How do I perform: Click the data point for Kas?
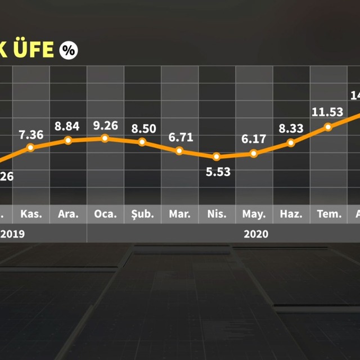coord(31,148)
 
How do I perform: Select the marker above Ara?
coord(68,140)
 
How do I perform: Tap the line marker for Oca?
coord(105,138)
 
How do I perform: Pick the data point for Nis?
coord(217,156)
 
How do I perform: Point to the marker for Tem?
coord(328,127)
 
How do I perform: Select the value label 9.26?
coord(105,125)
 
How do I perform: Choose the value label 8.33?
coord(291,129)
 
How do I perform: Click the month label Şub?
coord(142,214)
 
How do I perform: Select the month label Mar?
coord(180,214)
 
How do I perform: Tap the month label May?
coord(254,214)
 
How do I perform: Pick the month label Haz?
coord(291,214)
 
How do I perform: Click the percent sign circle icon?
coord(68,49)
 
